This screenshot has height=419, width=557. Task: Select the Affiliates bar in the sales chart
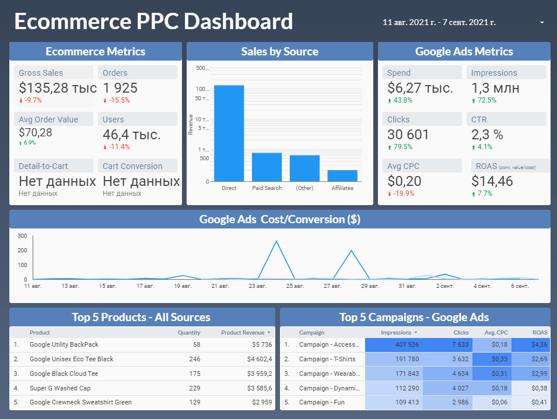click(x=342, y=175)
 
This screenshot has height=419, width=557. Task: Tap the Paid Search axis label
click(x=267, y=188)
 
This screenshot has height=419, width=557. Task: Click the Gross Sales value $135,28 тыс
click(x=58, y=88)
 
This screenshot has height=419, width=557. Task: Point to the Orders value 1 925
click(x=120, y=88)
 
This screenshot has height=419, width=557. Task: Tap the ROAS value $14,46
click(x=492, y=181)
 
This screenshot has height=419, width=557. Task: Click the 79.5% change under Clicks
click(x=402, y=147)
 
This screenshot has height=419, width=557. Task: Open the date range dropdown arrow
click(x=542, y=23)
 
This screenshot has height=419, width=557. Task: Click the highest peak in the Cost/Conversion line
click(x=276, y=241)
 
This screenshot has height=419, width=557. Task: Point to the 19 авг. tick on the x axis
click(x=182, y=286)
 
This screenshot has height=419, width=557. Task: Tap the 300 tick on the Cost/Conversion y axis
click(x=23, y=236)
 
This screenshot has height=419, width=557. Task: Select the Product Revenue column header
click(x=243, y=333)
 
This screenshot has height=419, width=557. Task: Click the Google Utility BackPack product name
click(x=64, y=345)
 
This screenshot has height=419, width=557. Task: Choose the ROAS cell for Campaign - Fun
click(x=539, y=403)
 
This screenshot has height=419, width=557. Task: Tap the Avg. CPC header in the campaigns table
click(x=496, y=333)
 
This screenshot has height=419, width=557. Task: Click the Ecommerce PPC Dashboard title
click(x=153, y=22)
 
